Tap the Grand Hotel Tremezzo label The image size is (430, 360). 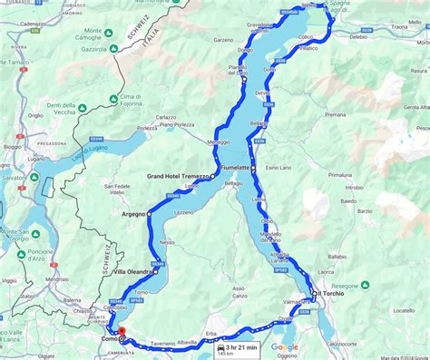tap(178, 177)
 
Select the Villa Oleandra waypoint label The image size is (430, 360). tap(132, 272)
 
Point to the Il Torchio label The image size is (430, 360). tap(332, 294)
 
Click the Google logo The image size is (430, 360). tap(284, 346)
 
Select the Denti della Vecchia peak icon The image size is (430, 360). tap(83, 109)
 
